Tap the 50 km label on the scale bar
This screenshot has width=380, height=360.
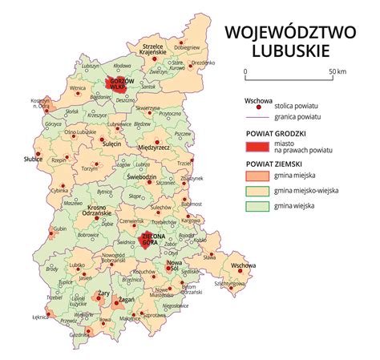click(x=337, y=72)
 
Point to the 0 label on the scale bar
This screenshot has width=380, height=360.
click(x=245, y=72)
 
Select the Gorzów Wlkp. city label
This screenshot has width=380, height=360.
click(x=119, y=83)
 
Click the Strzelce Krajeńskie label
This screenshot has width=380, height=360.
click(x=157, y=49)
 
